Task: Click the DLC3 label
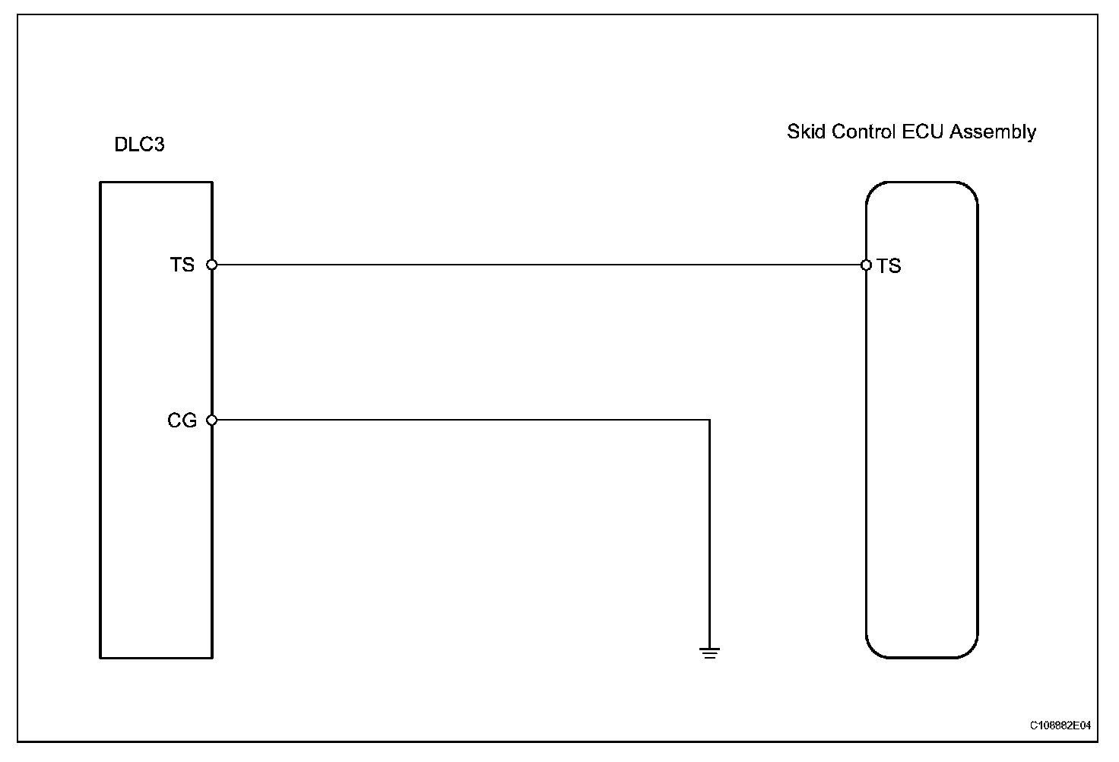pos(139,144)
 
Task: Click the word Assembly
pos(993,132)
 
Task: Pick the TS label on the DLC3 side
pos(182,265)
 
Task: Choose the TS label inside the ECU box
pos(889,265)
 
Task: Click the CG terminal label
pos(182,421)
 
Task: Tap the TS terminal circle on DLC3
pos(212,265)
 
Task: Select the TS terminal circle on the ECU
pos(866,265)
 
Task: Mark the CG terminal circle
pos(212,420)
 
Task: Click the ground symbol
pos(709,652)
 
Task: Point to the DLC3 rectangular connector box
pos(156,532)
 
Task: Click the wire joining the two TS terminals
pos(532,265)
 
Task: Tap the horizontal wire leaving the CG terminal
pos(456,420)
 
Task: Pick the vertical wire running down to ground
pos(709,532)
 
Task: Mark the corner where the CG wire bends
pos(709,420)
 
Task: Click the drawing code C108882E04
pos(1060,725)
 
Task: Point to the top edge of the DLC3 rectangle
pos(156,183)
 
